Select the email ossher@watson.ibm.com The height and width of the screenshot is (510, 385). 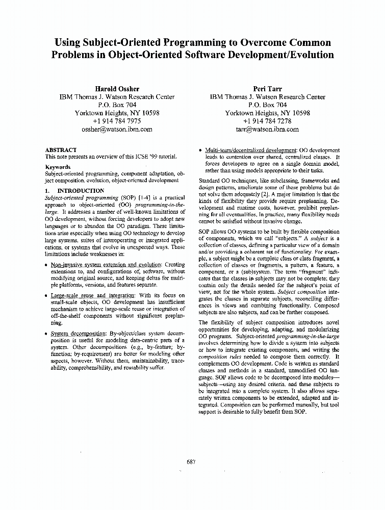tap(117, 129)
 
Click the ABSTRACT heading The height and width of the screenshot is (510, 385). tap(61, 150)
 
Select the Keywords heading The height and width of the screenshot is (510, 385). tap(58, 167)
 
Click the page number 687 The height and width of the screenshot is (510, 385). tap(191, 462)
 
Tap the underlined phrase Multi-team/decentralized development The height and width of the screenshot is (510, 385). tap(250, 150)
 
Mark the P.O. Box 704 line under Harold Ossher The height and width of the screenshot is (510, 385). tap(117, 105)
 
